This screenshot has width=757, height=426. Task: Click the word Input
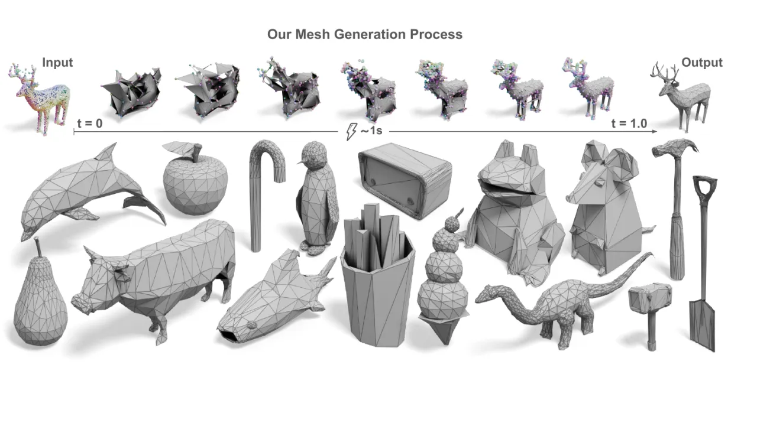coord(57,63)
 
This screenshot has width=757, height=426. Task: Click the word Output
coord(702,63)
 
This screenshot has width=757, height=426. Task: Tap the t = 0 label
coord(89,123)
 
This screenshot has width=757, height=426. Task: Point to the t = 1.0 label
coord(629,123)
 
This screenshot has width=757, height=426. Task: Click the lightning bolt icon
coord(351,131)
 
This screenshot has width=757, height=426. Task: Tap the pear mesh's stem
coord(38,248)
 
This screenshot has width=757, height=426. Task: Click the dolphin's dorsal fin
coord(106,152)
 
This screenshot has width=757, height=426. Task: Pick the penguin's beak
coord(301,162)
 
